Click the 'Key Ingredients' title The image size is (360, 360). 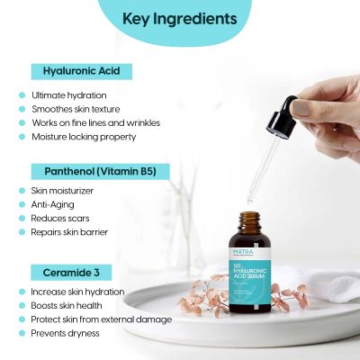[179, 19]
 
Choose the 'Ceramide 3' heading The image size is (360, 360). [73, 271]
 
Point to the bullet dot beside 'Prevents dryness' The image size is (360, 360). [21, 333]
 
